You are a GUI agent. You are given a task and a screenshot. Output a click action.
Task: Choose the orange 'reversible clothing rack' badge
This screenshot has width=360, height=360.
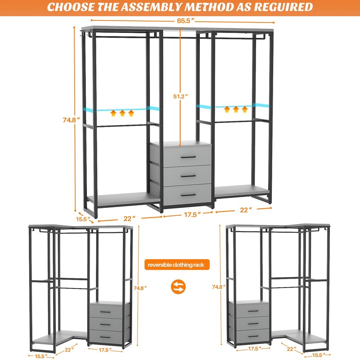[176, 265]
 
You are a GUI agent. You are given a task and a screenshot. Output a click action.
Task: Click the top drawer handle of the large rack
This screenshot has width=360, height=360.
[188, 157]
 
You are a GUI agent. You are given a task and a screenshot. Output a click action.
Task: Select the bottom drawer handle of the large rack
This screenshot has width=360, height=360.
[188, 195]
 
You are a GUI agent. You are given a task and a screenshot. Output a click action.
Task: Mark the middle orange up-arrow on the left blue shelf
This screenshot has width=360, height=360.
[122, 113]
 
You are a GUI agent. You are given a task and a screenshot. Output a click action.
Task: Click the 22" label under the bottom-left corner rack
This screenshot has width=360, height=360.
[69, 348]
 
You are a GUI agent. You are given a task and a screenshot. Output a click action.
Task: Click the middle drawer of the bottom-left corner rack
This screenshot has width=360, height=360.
[109, 323]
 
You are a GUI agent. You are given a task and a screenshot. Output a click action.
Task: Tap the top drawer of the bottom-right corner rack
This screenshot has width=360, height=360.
[250, 310]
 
